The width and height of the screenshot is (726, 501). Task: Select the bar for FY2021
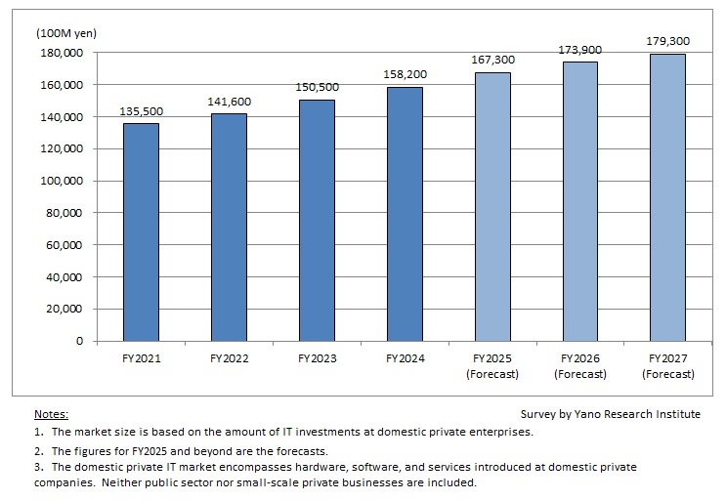[x=141, y=232]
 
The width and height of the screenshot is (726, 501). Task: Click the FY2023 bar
[x=317, y=221]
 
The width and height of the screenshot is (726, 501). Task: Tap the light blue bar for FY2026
[x=580, y=201]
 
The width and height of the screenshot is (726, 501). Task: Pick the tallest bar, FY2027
[x=668, y=197]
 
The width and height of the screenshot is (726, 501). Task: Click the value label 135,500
[x=141, y=111]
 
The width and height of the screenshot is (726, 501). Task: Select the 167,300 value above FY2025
[x=492, y=61]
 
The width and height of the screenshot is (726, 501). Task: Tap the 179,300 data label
[x=668, y=41]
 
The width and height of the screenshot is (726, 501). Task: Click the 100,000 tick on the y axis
[x=64, y=182]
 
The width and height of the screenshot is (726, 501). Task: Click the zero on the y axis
[x=80, y=342]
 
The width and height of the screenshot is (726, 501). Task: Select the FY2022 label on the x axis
[x=229, y=359]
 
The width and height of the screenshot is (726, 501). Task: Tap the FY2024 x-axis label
[x=405, y=359]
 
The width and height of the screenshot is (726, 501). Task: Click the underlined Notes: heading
[x=51, y=414]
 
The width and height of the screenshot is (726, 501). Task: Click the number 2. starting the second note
[x=38, y=450]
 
